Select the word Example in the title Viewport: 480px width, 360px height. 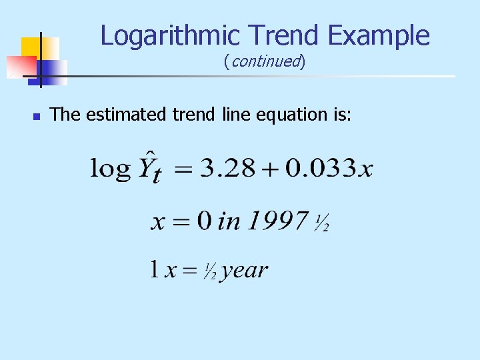384,35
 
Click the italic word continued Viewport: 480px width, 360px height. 265,62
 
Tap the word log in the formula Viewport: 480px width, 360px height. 110,168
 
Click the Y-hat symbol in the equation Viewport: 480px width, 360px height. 148,167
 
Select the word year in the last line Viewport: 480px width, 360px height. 244,271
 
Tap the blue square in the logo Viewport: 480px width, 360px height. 55,71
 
